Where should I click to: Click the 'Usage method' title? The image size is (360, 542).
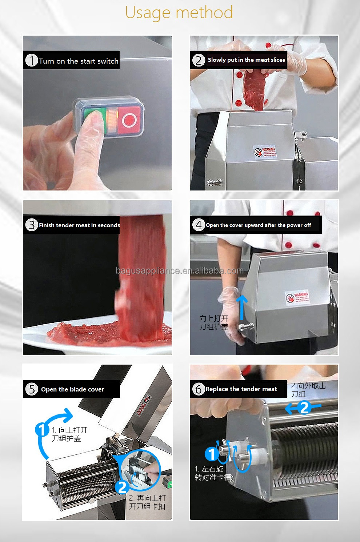tap(179, 12)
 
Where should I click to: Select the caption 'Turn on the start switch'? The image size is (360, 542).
tap(79, 61)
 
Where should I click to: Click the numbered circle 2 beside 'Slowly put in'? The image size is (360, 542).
tap(198, 60)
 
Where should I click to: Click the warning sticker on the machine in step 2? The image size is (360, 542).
tap(265, 152)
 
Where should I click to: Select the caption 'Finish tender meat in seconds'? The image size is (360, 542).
tap(79, 225)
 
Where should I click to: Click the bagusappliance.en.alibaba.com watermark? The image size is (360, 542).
tap(180, 271)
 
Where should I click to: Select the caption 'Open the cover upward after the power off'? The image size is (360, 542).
tap(258, 225)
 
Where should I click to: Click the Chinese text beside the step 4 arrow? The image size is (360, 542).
tap(214, 322)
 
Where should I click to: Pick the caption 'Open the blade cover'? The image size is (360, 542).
tap(72, 389)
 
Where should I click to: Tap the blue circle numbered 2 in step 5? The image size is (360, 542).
tap(122, 487)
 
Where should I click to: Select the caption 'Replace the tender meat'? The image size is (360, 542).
tap(241, 389)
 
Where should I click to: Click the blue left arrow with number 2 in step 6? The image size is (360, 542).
tap(303, 408)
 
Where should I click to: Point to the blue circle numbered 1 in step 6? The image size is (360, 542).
tap(211, 454)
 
